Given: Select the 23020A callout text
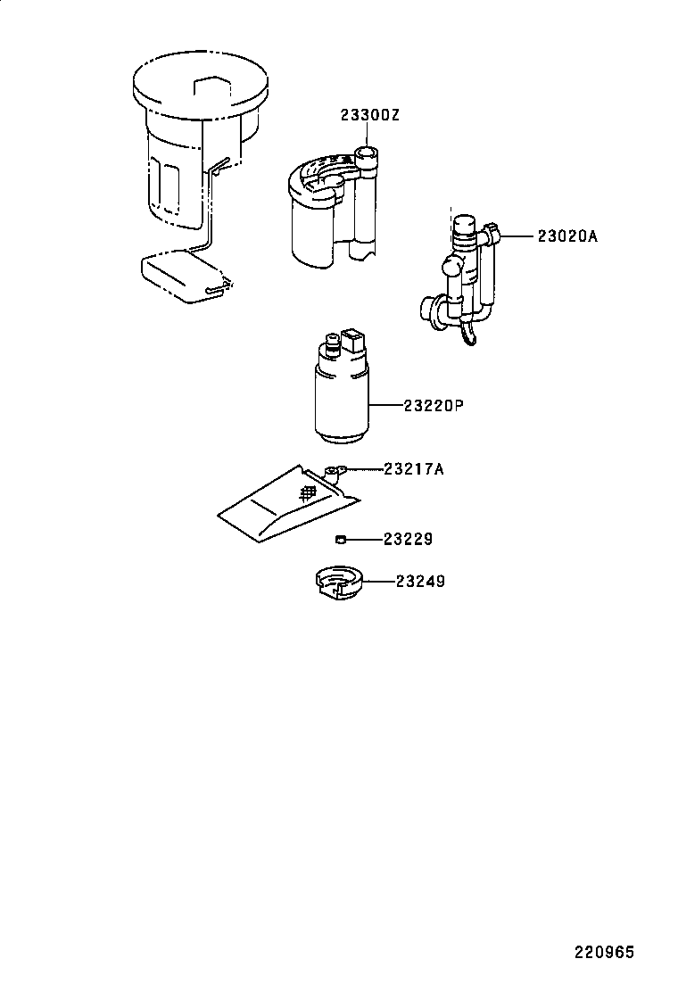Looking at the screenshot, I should (566, 236).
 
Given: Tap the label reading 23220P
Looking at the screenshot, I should (433, 406).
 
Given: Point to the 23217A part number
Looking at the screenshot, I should (413, 468).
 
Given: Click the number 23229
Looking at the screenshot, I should (408, 539).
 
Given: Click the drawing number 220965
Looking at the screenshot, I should (603, 953).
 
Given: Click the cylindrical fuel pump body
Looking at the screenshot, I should (341, 401).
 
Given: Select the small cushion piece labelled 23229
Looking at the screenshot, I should (340, 539).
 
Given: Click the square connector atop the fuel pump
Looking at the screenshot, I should (352, 340).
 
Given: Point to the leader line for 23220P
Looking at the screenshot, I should (385, 406).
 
